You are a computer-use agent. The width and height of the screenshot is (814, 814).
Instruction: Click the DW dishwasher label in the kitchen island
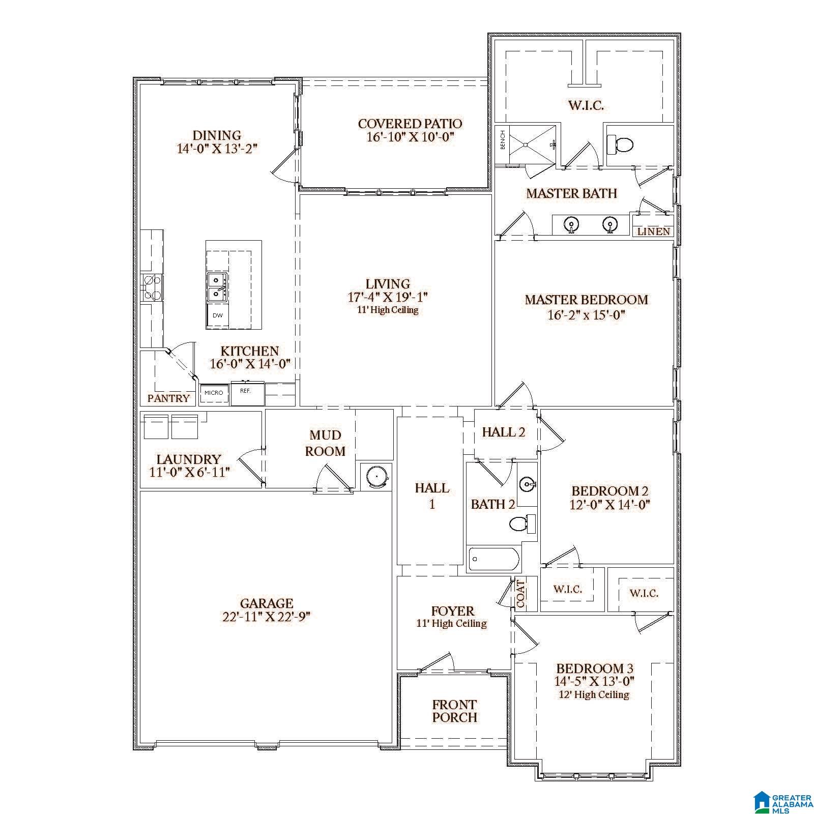pos(218,315)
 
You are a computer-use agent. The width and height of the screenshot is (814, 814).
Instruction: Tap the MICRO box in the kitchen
pos(214,393)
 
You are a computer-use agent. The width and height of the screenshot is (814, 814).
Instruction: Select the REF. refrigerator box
pos(247,393)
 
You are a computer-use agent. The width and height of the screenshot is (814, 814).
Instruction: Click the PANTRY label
pos(168,398)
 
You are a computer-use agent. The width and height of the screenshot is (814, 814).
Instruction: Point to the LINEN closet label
pos(653,231)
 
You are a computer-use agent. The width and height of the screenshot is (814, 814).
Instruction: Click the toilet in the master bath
pos(620,145)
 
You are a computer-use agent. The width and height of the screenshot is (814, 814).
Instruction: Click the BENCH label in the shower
pos(503,140)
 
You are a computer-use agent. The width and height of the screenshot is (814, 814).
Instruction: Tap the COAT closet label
pos(521,594)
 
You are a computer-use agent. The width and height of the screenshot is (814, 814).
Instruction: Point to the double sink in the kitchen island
pos(217,286)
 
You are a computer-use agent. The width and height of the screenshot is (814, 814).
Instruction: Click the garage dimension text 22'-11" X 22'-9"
pos(266,617)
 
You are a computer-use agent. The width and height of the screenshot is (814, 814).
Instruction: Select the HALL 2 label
pos(504,432)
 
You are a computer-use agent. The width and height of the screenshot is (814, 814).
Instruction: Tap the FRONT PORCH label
pos(455,711)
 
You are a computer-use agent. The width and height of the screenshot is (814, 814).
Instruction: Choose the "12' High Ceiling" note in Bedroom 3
pos(594,694)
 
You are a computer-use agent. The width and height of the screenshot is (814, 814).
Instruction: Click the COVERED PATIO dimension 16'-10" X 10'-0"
pos(410,137)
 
